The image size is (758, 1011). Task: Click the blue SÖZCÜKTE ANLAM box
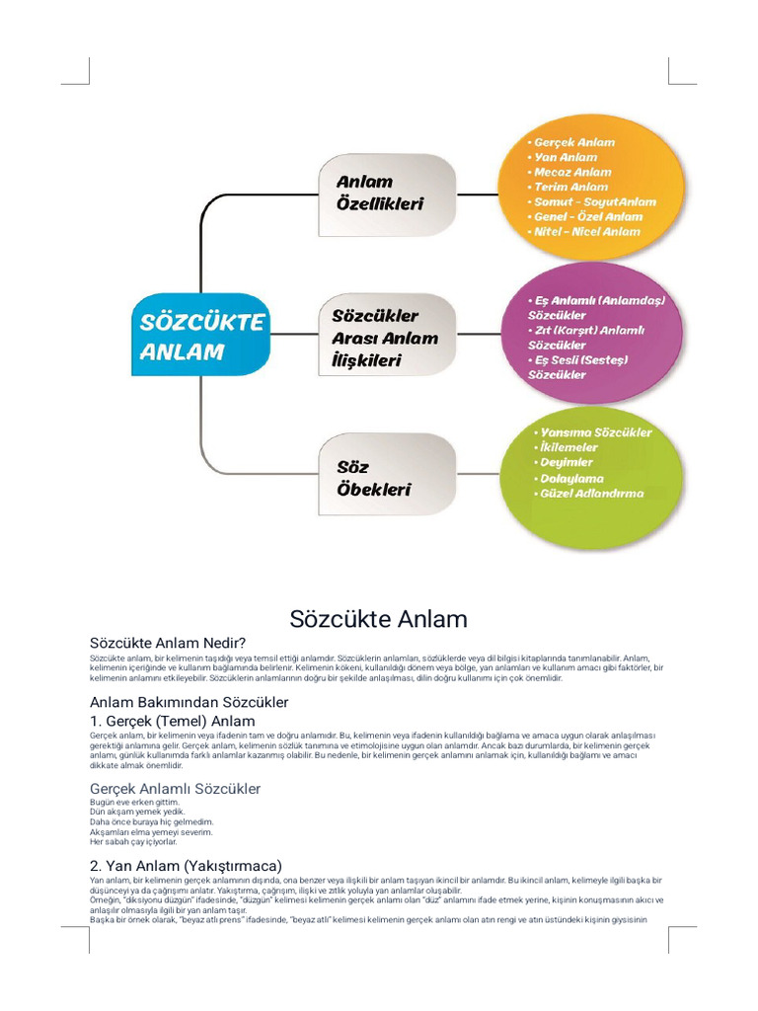(x=201, y=337)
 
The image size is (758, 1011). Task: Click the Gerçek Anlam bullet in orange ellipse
(x=572, y=142)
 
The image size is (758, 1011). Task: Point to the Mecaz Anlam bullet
(x=572, y=172)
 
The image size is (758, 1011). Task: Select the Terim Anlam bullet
(x=570, y=187)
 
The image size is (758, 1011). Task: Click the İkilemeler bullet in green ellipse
(x=568, y=447)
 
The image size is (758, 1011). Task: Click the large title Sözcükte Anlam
(x=378, y=619)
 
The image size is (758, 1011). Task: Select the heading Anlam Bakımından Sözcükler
(x=189, y=703)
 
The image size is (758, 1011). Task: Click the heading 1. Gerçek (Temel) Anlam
(x=172, y=722)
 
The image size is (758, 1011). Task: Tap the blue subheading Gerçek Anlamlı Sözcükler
(x=175, y=789)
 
